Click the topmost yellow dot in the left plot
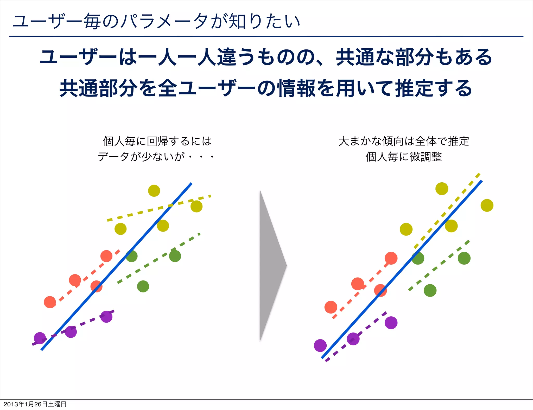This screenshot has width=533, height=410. click(154, 191)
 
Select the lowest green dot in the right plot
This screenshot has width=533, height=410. click(430, 290)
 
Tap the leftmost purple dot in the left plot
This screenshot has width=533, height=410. click(40, 338)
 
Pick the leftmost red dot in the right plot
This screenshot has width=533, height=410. click(331, 307)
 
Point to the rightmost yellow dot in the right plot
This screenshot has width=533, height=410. click(487, 205)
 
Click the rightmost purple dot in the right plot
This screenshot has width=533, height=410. click(391, 323)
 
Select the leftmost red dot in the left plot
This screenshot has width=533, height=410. click(50, 302)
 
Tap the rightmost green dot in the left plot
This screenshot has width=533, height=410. click(175, 256)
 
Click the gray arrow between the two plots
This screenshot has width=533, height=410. click(271, 265)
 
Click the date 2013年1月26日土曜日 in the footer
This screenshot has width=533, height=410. click(35, 404)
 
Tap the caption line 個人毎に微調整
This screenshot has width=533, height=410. click(404, 157)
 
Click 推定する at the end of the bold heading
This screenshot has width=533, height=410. click(433, 88)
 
